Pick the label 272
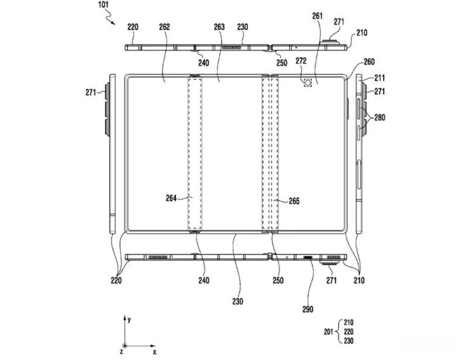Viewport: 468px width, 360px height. [x=302, y=61]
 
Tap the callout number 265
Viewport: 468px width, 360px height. [x=294, y=201]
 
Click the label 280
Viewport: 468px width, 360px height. [x=380, y=118]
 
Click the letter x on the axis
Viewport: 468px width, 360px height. [x=154, y=353]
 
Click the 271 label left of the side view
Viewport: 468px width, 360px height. [x=91, y=91]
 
